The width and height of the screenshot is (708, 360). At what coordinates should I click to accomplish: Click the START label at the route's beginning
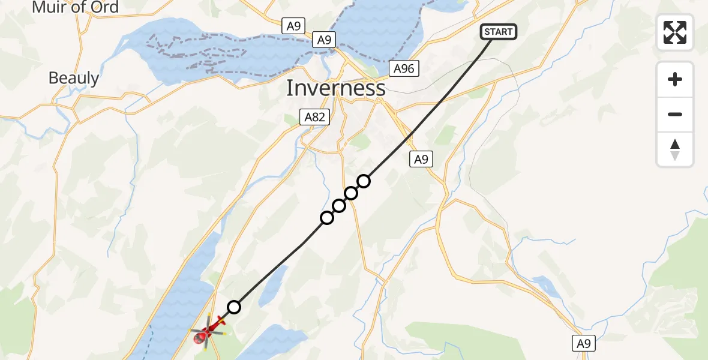[x=499, y=32]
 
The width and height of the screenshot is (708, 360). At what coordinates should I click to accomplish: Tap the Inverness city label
[x=335, y=88]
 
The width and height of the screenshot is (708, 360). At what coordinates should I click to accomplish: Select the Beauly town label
[x=73, y=78]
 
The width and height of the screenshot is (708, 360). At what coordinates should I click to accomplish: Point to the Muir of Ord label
[x=75, y=8]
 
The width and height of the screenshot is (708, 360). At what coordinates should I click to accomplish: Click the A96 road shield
[x=403, y=68]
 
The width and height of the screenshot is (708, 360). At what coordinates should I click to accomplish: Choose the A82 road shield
[x=314, y=117]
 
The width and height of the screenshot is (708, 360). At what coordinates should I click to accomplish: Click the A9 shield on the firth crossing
[x=324, y=40]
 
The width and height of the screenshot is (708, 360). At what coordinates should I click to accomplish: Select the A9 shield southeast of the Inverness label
[x=421, y=159]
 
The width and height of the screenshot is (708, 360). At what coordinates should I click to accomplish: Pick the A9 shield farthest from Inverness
[x=583, y=343]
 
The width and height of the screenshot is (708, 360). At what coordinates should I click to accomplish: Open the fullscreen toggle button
[x=675, y=32]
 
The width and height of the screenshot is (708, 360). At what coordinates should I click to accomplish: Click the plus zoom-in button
[x=675, y=79]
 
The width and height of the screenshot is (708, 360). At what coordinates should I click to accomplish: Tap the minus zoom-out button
[x=675, y=114]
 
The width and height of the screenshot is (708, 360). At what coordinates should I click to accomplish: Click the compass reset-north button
[x=675, y=149]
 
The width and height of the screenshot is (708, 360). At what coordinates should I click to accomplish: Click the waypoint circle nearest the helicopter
[x=234, y=307]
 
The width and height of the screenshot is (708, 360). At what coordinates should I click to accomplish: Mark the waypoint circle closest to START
[x=364, y=181]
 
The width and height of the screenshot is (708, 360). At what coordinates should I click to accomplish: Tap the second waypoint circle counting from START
[x=351, y=193]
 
